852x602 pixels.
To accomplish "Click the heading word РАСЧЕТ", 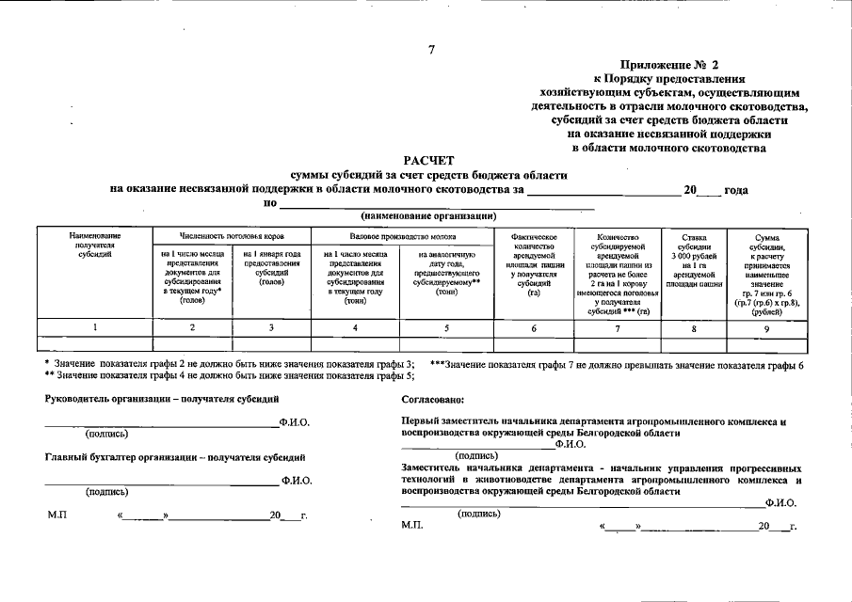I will tap(429, 162).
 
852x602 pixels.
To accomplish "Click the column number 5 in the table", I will tap(446, 327).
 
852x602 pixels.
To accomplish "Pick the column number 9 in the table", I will tap(766, 327).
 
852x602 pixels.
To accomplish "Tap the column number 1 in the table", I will tap(95, 327).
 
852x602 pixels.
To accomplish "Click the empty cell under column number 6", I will tap(534, 344).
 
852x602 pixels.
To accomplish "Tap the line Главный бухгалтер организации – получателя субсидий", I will tap(175, 457).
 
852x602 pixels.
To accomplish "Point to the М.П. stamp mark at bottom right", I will tap(412, 525).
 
